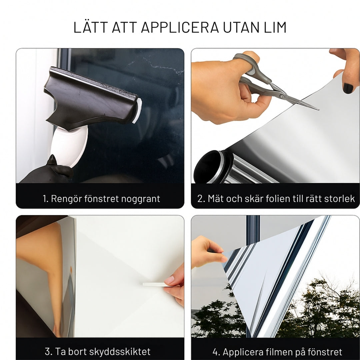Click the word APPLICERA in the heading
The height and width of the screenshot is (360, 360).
pos(180,27)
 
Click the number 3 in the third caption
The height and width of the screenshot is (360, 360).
pos(48,352)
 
